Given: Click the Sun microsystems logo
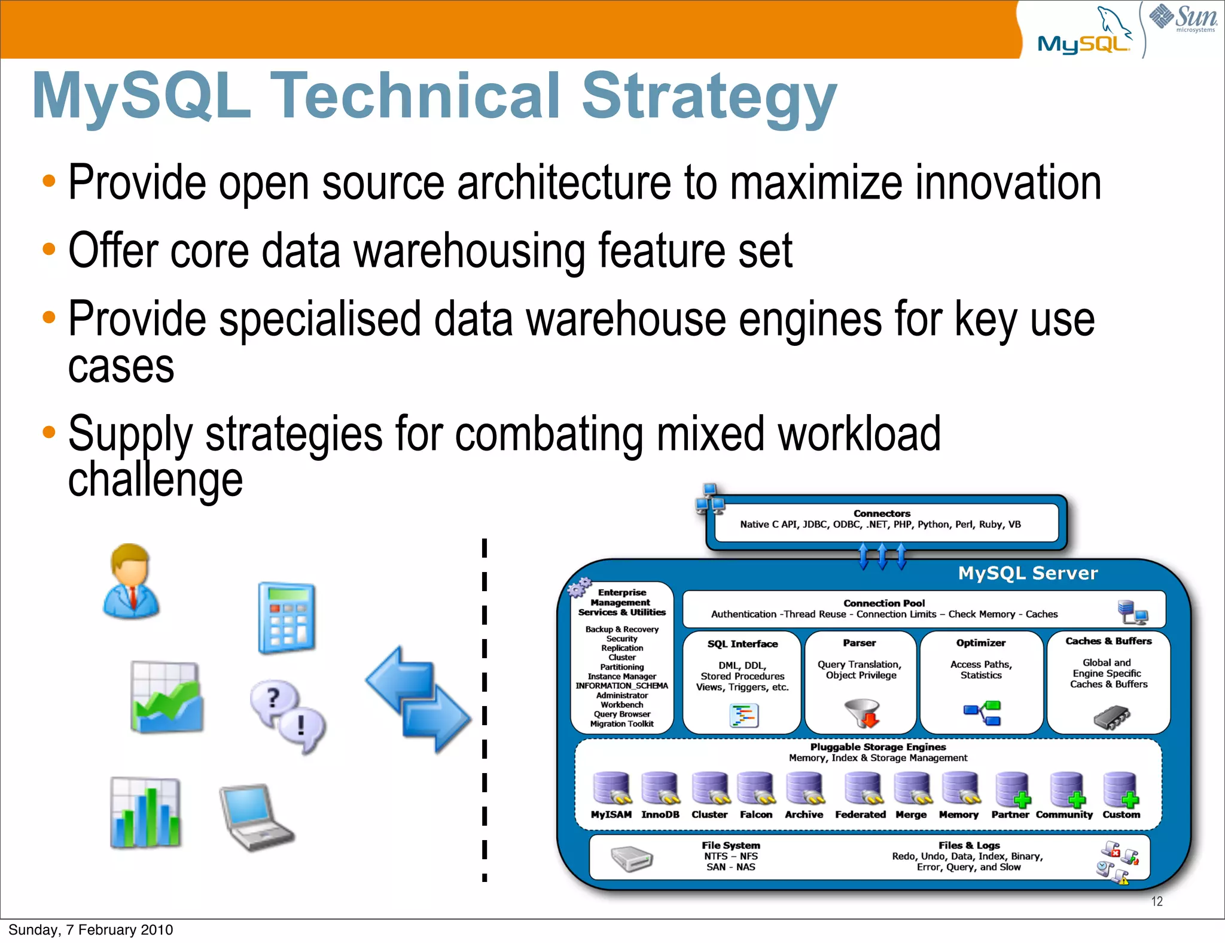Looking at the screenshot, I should pyautogui.click(x=1183, y=18).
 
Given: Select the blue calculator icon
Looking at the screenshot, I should pyautogui.click(x=287, y=618).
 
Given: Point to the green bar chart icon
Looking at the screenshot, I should pyautogui.click(x=145, y=813).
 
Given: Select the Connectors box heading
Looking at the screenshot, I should pyautogui.click(x=882, y=513).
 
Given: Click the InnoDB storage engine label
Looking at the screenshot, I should pyautogui.click(x=660, y=814).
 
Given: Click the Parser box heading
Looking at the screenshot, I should pyautogui.click(x=860, y=643).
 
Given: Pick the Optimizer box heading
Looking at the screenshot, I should pyautogui.click(x=980, y=643).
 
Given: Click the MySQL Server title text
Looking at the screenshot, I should pyautogui.click(x=1028, y=573).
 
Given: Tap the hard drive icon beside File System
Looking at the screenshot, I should pyautogui.click(x=632, y=859).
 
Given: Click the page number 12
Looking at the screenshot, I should pyautogui.click(x=1157, y=901).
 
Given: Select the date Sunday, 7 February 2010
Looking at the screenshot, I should pyautogui.click(x=90, y=930).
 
